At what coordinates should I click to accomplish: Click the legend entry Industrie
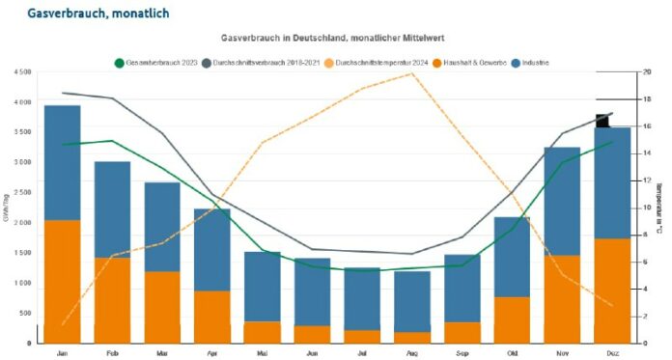(x=534, y=62)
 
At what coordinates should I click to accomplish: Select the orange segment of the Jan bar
(x=63, y=281)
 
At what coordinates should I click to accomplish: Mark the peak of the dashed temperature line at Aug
(x=413, y=73)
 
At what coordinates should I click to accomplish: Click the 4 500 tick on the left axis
(x=18, y=72)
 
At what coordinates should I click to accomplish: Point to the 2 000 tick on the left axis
(x=18, y=222)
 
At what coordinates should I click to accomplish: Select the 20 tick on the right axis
(x=646, y=72)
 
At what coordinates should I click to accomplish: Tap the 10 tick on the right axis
(x=646, y=208)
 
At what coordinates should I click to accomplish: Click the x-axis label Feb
(x=113, y=353)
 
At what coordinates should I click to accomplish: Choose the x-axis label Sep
(x=463, y=353)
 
